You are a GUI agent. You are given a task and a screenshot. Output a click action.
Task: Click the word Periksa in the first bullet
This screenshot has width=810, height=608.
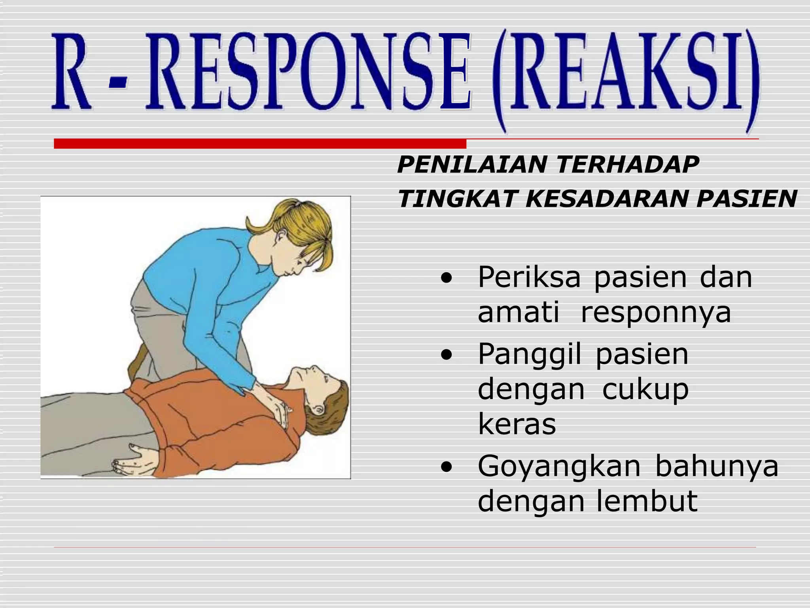[x=529, y=278]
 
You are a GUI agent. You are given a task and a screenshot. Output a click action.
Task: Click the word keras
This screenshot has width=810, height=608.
[x=517, y=424]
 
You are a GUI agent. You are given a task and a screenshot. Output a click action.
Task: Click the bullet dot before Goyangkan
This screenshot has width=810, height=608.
[x=446, y=468]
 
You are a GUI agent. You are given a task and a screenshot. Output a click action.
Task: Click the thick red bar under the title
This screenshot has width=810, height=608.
[x=260, y=144]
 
